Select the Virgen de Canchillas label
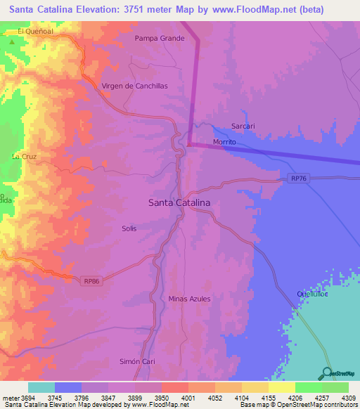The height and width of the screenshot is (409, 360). coord(135,86)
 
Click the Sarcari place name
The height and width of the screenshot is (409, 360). coord(243,127)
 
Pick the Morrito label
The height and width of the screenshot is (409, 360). coord(224,142)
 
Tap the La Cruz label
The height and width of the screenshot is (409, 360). coord(24,156)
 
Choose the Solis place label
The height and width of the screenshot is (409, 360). coord(129,228)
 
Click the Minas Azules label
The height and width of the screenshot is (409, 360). coord(189,299)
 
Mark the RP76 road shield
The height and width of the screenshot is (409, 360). coord(300,179)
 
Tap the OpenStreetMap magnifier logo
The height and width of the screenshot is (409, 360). coord(327,372)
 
